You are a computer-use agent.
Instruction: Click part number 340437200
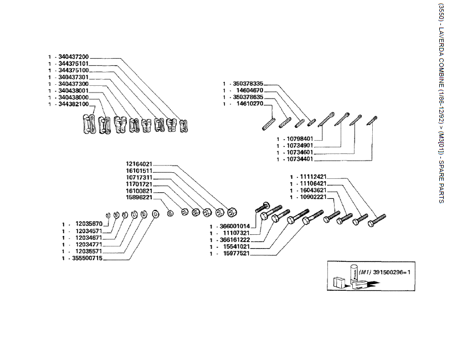tap(74, 57)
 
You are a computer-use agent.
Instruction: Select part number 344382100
tap(74, 104)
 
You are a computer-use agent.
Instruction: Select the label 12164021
tap(140, 164)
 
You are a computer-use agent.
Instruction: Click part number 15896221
tap(140, 197)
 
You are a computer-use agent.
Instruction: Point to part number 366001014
tap(234, 227)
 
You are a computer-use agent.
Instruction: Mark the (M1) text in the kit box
tap(364, 272)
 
